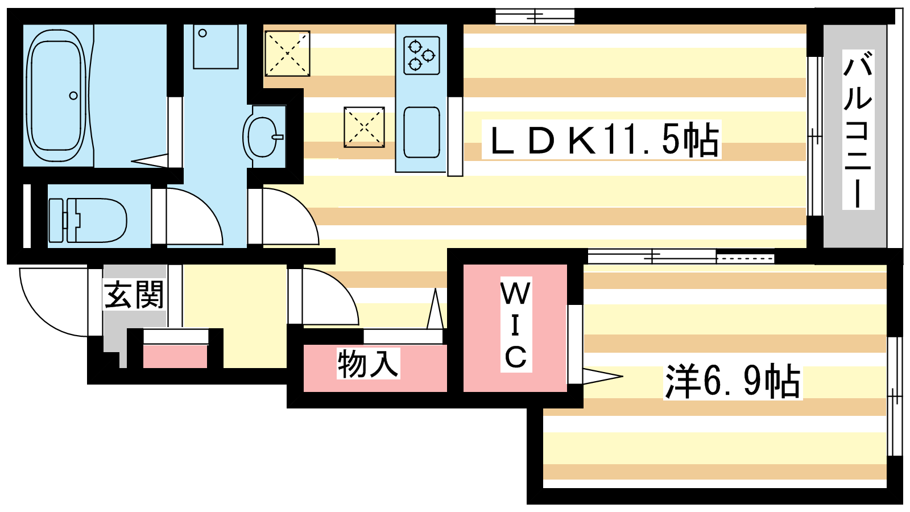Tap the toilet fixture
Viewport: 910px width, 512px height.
[88, 220]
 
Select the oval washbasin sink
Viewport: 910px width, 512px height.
[262, 137]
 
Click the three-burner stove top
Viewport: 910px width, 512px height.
[421, 55]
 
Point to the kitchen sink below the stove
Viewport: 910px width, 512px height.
[421, 133]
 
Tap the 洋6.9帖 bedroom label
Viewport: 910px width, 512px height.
[733, 381]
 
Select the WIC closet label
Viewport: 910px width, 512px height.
[516, 325]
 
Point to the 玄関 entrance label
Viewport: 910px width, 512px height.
[134, 295]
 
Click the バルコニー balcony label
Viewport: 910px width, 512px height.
[858, 130]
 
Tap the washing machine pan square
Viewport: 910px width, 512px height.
[216, 47]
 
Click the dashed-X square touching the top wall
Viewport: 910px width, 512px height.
[287, 53]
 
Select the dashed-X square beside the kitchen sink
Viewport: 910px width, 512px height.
[364, 127]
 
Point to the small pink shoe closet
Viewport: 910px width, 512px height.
[175, 356]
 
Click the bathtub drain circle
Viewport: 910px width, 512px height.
[73, 96]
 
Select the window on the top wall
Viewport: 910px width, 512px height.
[535, 16]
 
